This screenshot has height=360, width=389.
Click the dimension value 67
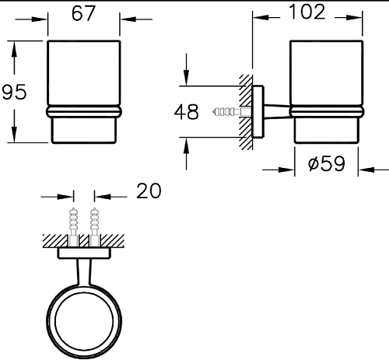point(83,13)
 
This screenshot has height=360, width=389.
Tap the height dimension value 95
point(14,92)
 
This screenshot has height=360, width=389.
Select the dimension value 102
point(307,12)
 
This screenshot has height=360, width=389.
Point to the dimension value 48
point(187,112)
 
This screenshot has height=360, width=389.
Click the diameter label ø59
point(327,163)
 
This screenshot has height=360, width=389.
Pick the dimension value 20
point(149,191)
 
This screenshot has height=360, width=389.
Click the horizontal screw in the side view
point(232,112)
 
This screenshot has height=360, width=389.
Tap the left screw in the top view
point(74,227)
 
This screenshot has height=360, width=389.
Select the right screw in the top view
point(94,227)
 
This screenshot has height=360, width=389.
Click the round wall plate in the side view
point(258,111)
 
